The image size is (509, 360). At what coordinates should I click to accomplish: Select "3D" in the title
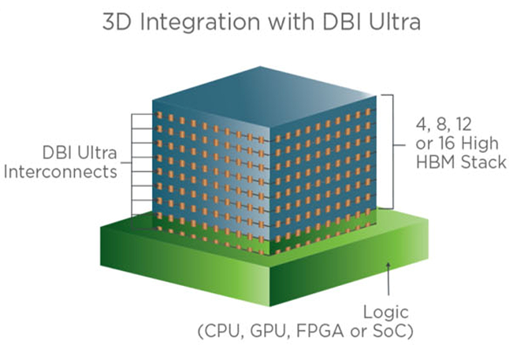(x=116, y=22)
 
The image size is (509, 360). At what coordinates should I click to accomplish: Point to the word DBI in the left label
(x=60, y=151)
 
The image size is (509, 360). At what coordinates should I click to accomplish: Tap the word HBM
(x=434, y=163)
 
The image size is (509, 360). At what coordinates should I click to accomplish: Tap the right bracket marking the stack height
(x=392, y=150)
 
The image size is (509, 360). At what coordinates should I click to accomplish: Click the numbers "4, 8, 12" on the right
(x=447, y=124)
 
